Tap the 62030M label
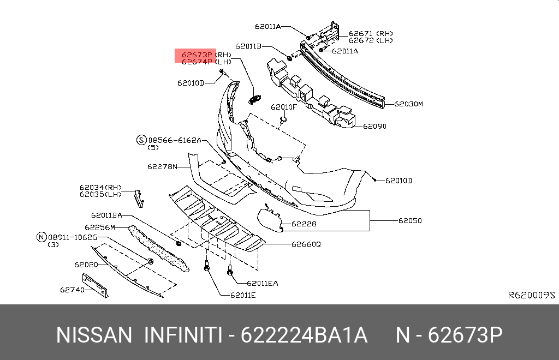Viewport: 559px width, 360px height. tap(408, 103)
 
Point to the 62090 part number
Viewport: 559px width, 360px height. tap(374, 126)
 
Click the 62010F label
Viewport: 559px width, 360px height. tap(284, 107)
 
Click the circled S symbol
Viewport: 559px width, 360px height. tap(141, 140)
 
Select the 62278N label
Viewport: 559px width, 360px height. tap(162, 166)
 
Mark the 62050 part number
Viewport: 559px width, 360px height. tap(409, 221)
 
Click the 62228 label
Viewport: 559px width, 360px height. tap(304, 224)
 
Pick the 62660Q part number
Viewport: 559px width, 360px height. tap(306, 244)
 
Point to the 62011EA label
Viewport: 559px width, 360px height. tap(262, 283)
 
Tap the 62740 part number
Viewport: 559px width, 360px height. tap(72, 290)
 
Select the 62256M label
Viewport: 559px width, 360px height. tap(100, 227)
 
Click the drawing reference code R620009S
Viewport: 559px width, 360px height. tap(531, 295)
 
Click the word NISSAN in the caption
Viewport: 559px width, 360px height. tap(94, 334)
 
